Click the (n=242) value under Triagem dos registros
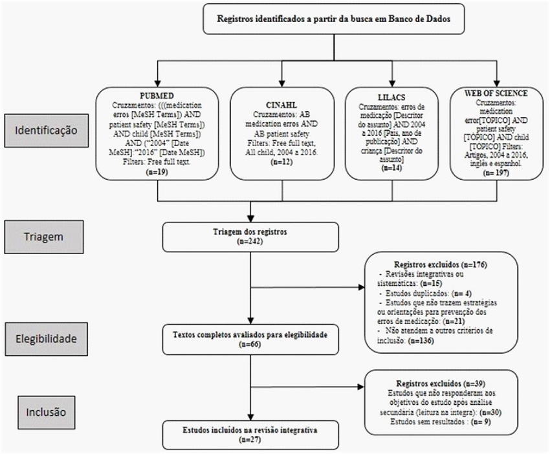(x=251, y=241)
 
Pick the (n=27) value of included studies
(x=251, y=439)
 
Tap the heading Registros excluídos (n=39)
(x=440, y=381)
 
